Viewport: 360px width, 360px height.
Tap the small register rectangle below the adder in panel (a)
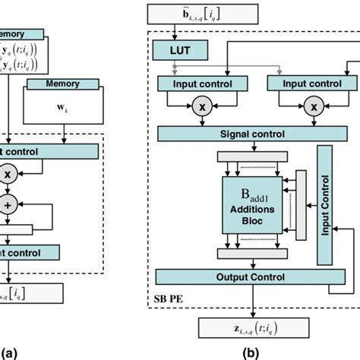pos(17,229)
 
